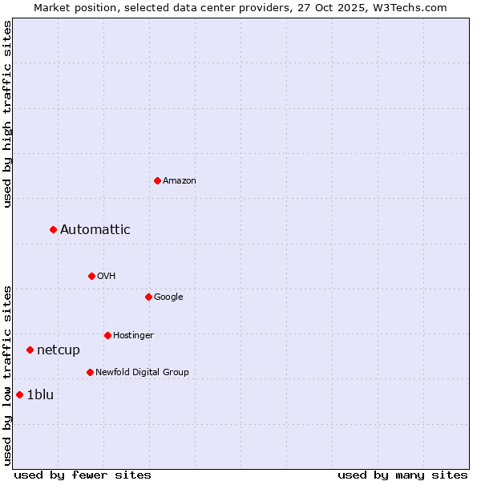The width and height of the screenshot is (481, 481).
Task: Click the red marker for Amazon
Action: tap(157, 180)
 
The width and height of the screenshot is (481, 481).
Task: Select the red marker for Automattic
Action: tap(53, 230)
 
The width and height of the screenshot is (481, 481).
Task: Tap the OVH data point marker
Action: tap(91, 276)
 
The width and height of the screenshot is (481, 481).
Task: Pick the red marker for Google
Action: tap(148, 297)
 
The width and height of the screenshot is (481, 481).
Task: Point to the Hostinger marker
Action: tap(107, 335)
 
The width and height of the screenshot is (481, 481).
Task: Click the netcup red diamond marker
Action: tap(30, 350)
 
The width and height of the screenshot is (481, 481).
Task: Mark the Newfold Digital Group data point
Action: tap(90, 372)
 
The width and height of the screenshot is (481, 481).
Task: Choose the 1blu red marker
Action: tap(19, 394)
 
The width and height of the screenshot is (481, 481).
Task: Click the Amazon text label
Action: tap(180, 180)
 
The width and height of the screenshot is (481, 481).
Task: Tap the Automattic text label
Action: tap(95, 230)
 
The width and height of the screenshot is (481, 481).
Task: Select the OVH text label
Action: tap(107, 276)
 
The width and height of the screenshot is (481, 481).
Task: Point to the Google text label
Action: tap(168, 297)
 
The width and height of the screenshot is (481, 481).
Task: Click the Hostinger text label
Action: tap(133, 335)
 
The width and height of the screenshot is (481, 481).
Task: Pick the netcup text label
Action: tap(59, 350)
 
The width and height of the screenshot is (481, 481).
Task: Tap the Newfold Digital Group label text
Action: tap(142, 372)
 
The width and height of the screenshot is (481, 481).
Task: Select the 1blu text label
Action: tap(40, 394)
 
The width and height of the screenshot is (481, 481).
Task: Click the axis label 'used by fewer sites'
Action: tap(83, 475)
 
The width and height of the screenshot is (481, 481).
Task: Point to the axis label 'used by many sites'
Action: tap(402, 475)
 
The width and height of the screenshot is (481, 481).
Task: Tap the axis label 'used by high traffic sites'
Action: tap(7, 114)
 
